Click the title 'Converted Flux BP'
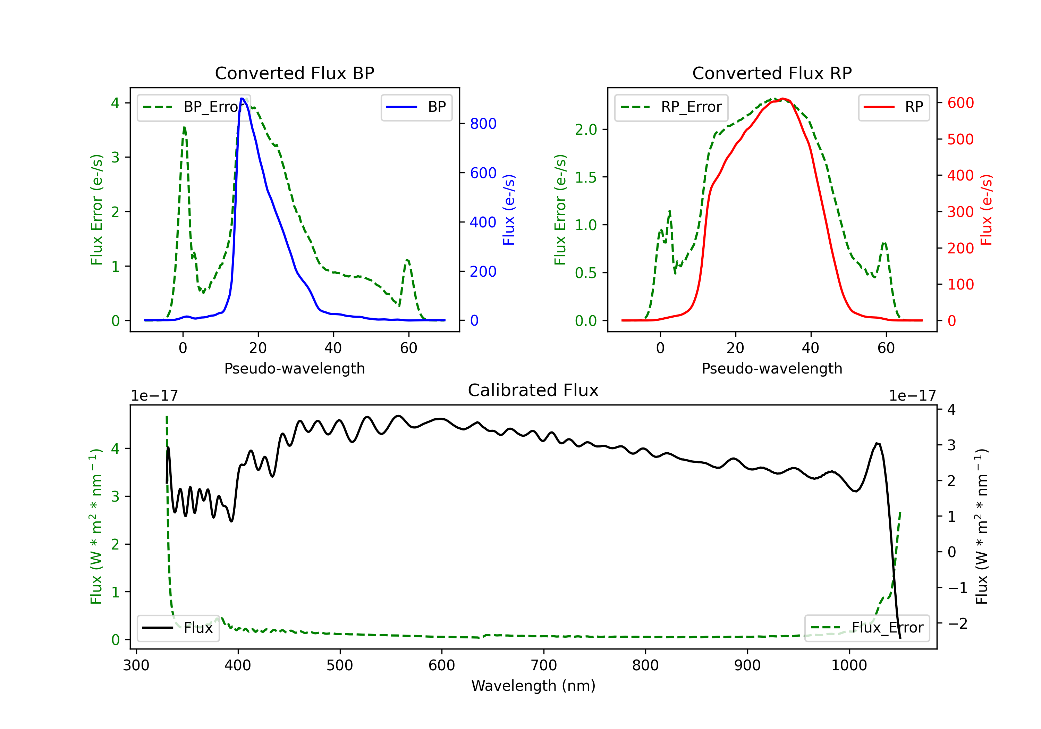[294, 73]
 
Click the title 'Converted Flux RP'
[772, 73]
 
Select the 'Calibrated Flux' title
[533, 390]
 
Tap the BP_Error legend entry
[193, 107]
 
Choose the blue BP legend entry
[416, 107]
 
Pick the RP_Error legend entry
[671, 107]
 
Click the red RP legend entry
[894, 107]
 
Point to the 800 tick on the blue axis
[483, 123]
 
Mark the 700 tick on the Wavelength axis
[544, 665]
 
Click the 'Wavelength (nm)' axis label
[533, 686]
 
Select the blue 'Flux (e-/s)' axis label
[509, 210]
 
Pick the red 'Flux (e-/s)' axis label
[986, 210]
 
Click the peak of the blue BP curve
[243, 99]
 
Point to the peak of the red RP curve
[783, 99]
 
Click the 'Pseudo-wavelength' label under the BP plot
[294, 368]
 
